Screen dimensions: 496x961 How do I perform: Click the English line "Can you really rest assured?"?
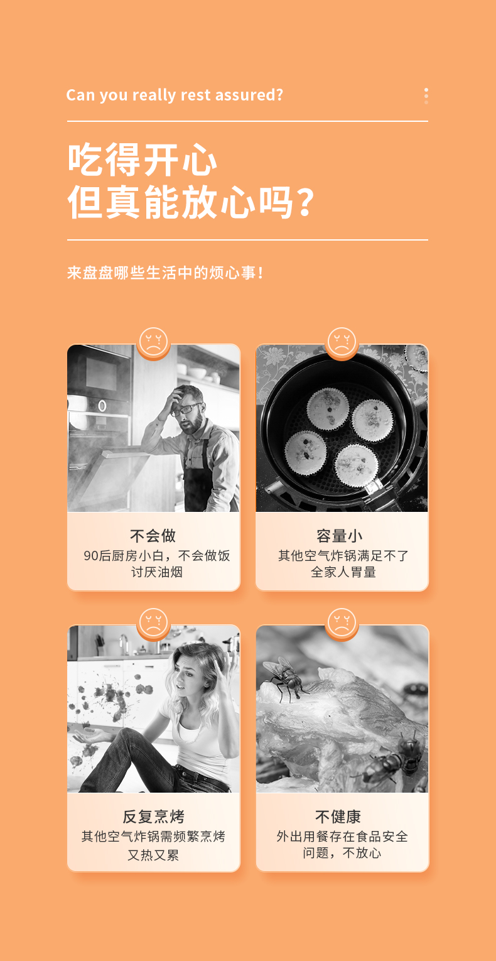175,95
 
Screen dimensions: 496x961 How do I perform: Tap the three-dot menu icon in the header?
426,96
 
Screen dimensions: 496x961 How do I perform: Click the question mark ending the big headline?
305,202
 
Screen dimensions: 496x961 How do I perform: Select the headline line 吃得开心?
143,160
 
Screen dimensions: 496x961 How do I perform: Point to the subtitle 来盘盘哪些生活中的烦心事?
165,273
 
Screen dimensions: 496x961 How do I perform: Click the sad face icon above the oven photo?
153,342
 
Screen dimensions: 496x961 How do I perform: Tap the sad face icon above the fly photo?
342,622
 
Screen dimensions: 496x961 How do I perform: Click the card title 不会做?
153,536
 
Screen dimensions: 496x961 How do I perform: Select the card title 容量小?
340,536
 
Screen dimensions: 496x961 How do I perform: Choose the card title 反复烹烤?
153,817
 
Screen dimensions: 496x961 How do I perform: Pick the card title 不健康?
338,817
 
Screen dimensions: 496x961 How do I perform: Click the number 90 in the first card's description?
91,556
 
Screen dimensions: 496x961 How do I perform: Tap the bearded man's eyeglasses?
186,409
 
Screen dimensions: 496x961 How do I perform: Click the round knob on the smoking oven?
102,405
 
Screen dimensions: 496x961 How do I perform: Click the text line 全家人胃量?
343,572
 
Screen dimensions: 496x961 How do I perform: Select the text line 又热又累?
153,855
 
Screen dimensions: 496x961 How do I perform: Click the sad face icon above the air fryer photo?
342,342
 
